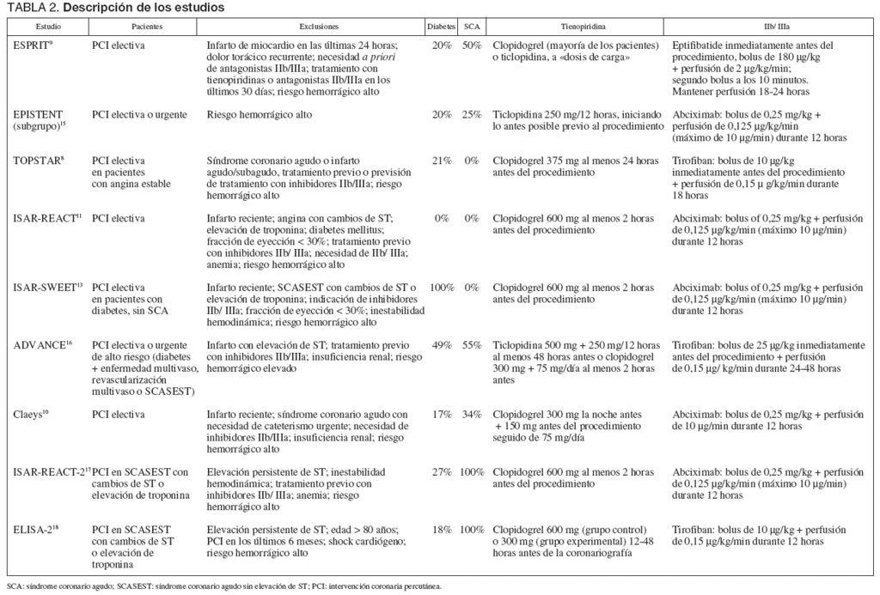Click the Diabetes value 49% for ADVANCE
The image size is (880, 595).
point(442,345)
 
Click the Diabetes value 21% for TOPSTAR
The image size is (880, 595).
point(442,161)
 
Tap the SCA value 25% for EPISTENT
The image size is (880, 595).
point(471,114)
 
